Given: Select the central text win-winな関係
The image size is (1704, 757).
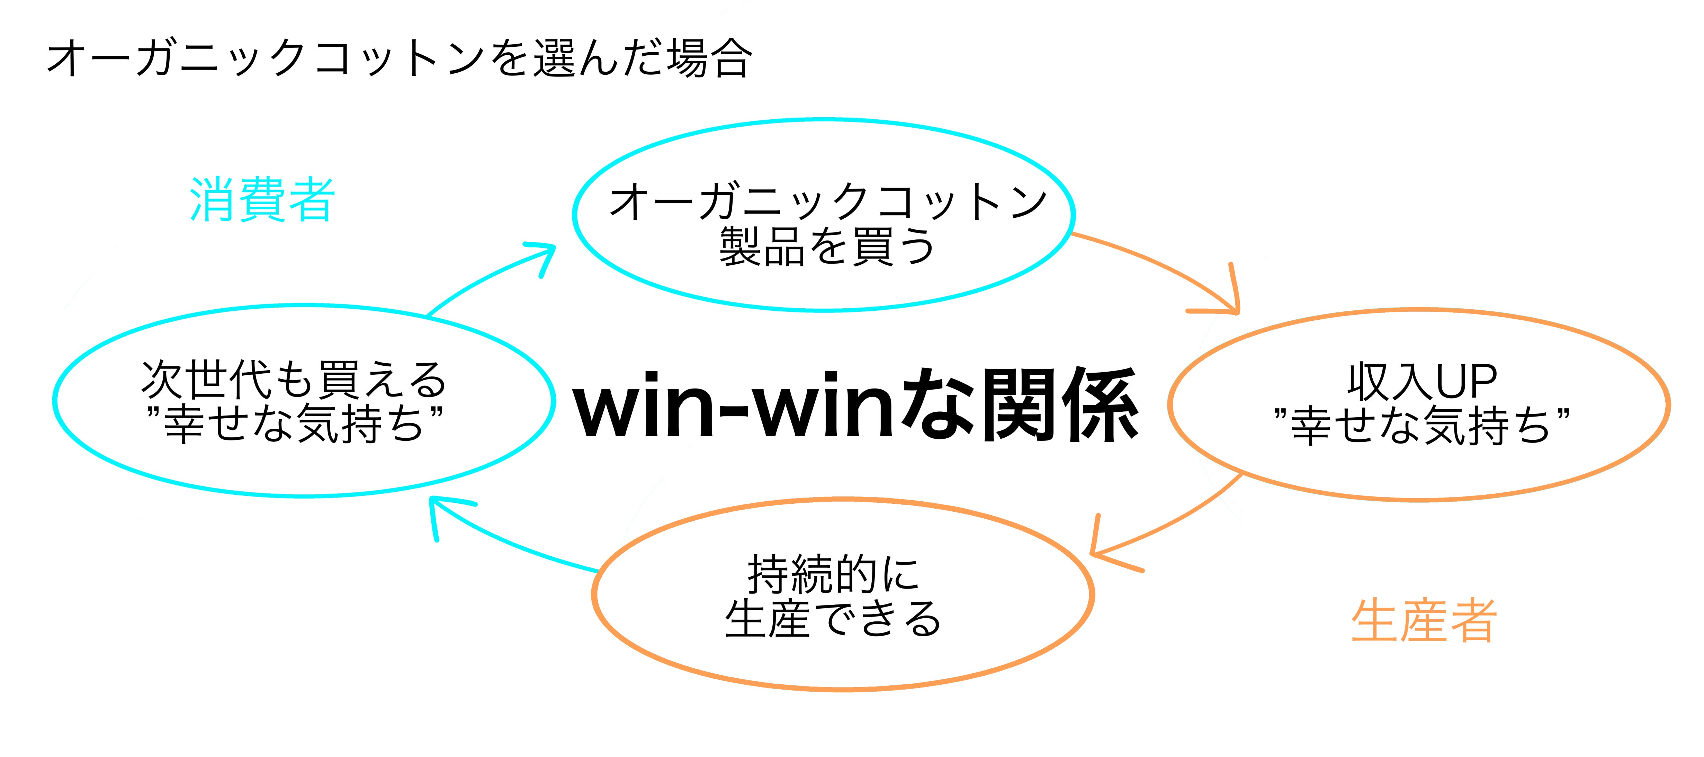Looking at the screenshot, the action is tap(855, 404).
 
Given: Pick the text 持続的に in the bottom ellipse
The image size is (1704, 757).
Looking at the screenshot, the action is tap(834, 574).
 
